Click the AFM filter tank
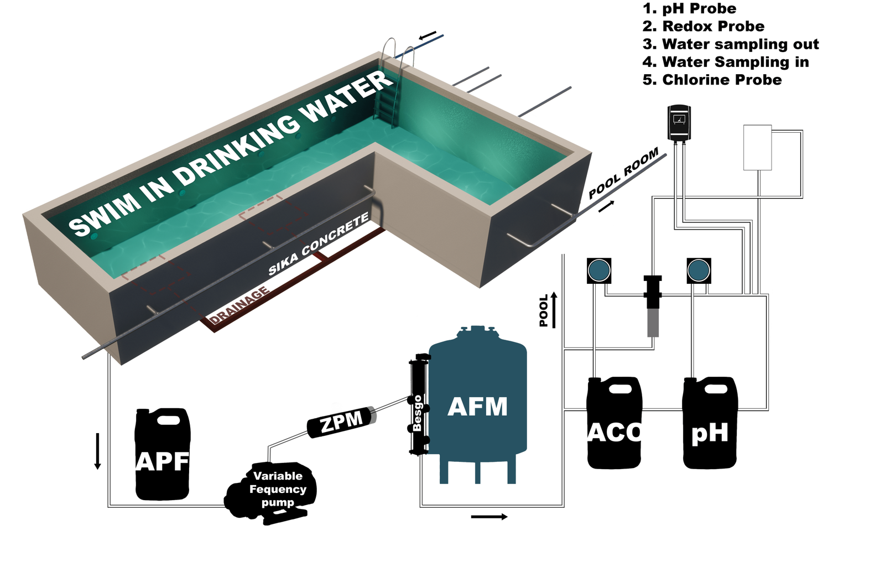[x=477, y=407]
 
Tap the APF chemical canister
[x=162, y=455]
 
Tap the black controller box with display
[x=679, y=122]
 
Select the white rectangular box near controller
[x=757, y=147]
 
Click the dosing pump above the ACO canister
[x=598, y=271]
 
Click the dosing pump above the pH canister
[x=699, y=271]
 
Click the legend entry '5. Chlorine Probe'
[x=712, y=80]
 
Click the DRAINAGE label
[x=239, y=305]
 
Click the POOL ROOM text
[x=623, y=173]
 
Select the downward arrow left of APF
[x=98, y=451]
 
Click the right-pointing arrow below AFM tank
[x=489, y=517]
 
